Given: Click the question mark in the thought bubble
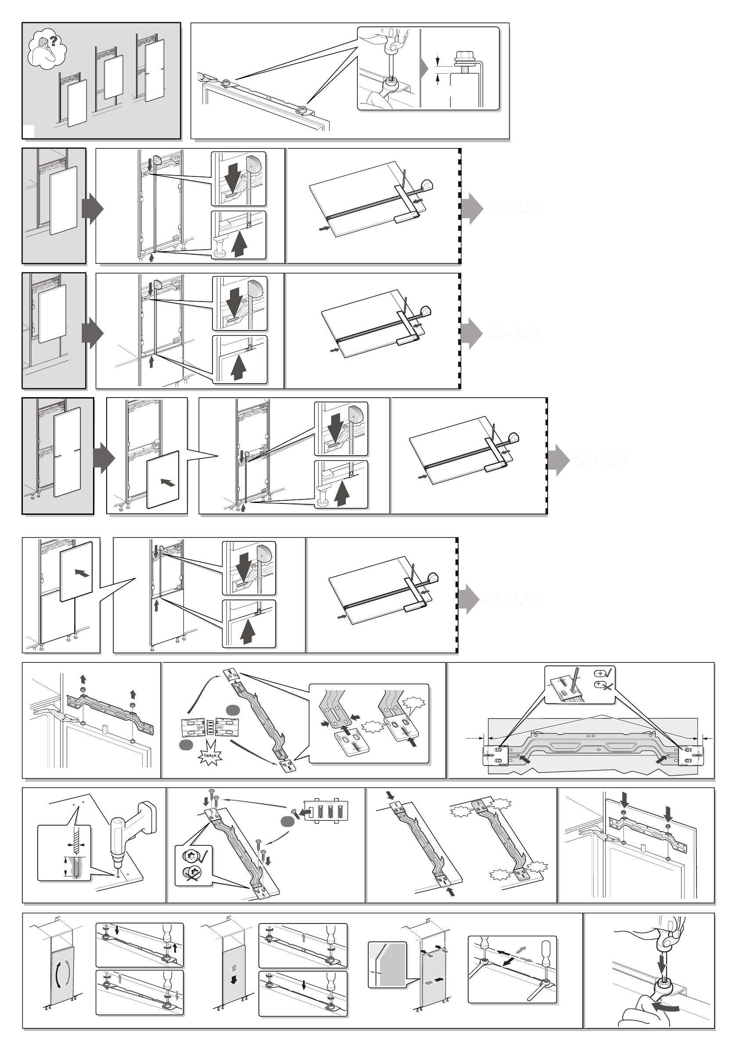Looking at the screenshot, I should point(54,41).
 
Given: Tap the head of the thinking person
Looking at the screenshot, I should point(44,43).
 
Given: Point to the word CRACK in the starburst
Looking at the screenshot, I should point(210,755).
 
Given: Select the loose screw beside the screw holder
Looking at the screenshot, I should point(295,812).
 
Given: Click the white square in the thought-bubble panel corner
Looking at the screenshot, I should point(28,131).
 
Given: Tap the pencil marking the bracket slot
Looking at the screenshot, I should point(574,677).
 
